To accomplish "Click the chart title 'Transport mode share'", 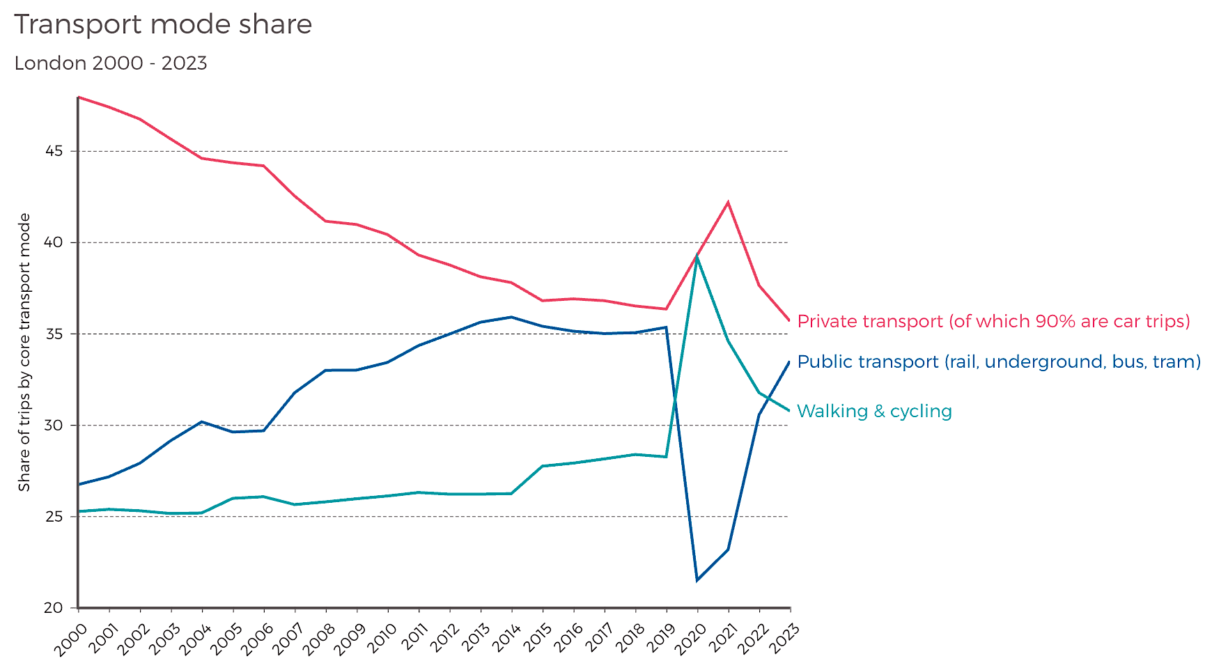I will click(163, 25).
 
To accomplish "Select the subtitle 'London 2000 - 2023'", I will click(111, 63).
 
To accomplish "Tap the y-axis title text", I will click(24, 352).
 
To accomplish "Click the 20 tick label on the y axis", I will click(54, 608).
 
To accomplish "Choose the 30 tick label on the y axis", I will click(54, 426).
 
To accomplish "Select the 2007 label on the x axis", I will click(288, 639).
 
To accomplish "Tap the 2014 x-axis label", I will click(505, 639).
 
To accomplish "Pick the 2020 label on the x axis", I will click(691, 639).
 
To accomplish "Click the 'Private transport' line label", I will click(993, 321).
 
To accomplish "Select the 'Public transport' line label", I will click(999, 361).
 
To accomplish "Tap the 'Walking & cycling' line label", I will click(874, 411).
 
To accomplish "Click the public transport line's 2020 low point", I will click(697, 580).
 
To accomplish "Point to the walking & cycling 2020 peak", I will click(697, 257).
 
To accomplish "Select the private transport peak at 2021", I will click(728, 202).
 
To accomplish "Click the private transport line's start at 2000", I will click(78, 97).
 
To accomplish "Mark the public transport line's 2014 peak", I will click(512, 317).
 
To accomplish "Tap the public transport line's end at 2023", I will click(789, 361).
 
